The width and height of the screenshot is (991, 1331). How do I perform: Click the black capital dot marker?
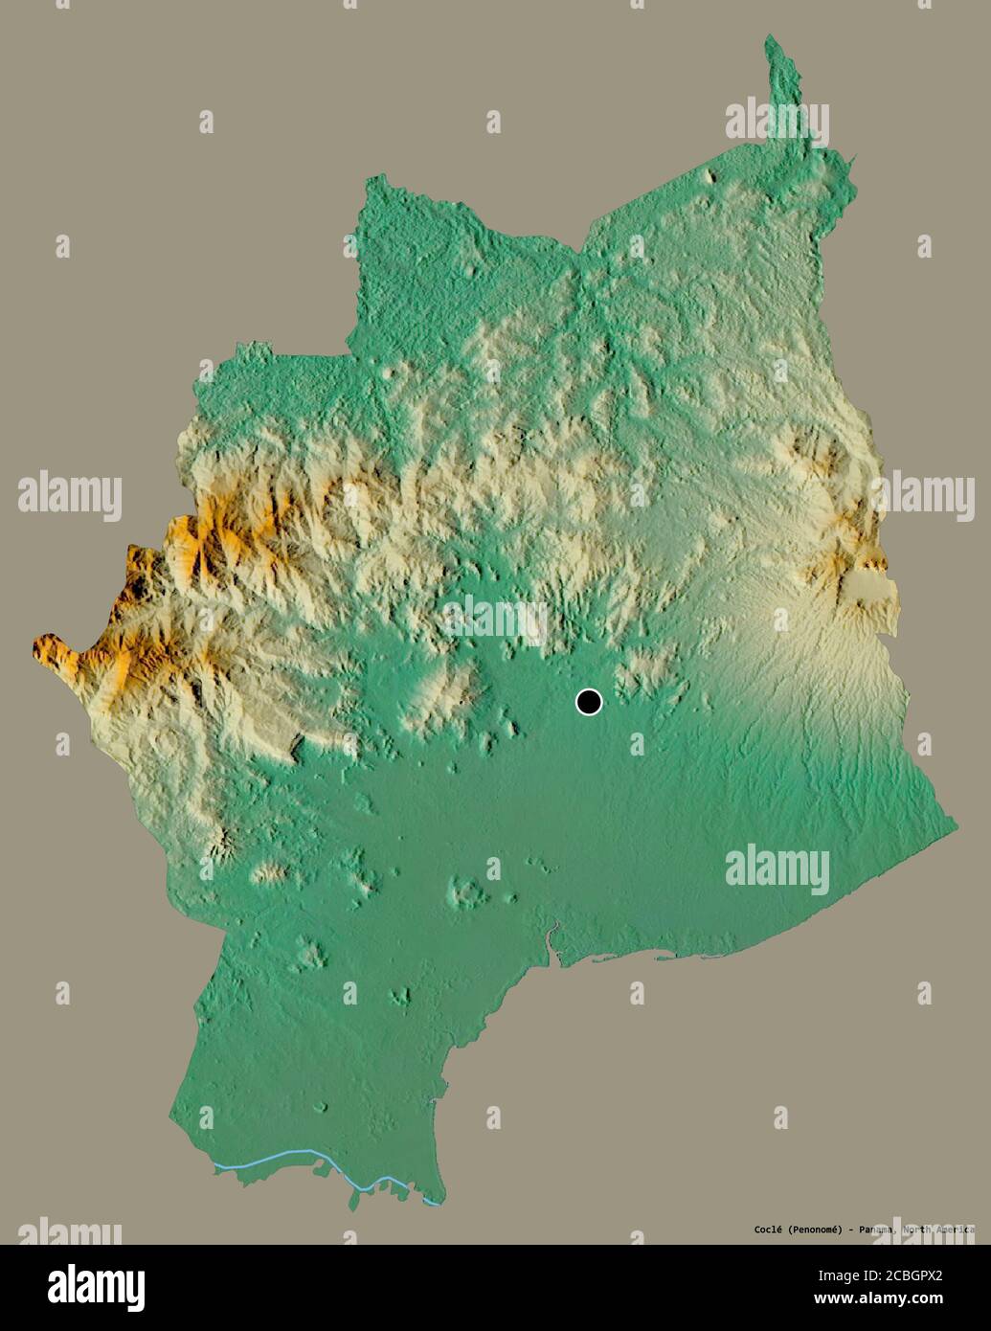(x=589, y=702)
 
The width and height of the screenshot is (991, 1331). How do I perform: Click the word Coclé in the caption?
(x=766, y=1229)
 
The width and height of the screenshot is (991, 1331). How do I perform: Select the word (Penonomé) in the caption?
(x=812, y=1229)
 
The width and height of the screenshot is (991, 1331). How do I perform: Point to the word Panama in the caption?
(x=877, y=1229)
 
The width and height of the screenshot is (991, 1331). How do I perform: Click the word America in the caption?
(x=954, y=1229)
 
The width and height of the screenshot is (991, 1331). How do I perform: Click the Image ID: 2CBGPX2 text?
(x=891, y=1275)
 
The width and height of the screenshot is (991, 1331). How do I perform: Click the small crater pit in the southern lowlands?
(x=319, y=1108)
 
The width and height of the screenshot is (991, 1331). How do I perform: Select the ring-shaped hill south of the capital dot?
(x=467, y=892)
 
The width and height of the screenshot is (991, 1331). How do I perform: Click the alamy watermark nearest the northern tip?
(x=777, y=123)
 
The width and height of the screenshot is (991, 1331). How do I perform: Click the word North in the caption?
(x=918, y=1229)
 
